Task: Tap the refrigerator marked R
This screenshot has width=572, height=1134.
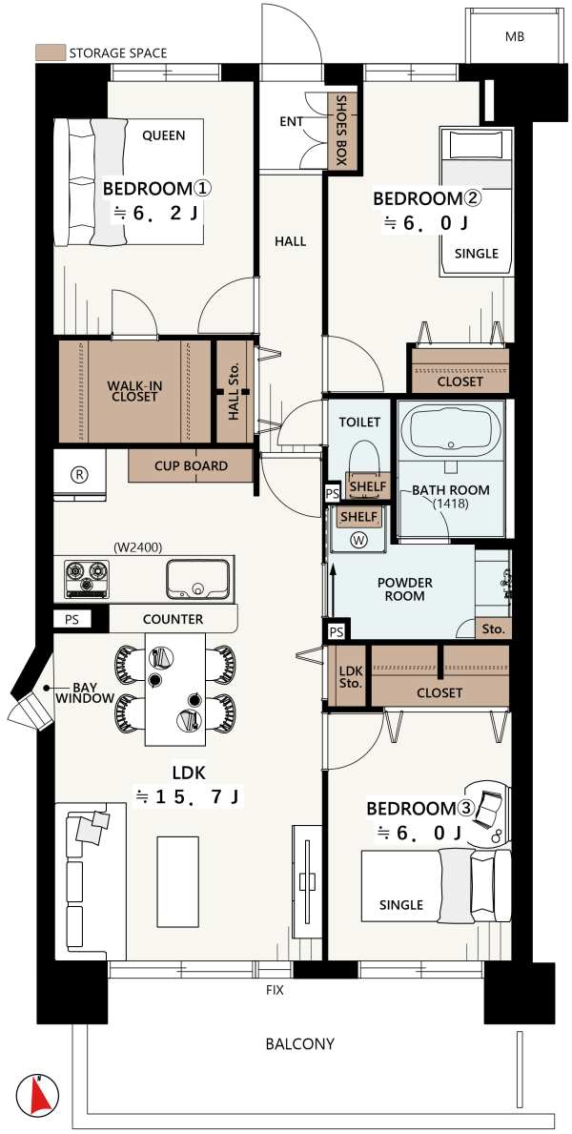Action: (79, 474)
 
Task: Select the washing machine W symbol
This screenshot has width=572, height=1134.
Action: (357, 539)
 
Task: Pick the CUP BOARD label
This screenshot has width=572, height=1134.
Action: (191, 466)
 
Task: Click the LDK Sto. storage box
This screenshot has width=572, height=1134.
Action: (351, 677)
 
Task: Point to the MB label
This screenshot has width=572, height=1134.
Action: (515, 36)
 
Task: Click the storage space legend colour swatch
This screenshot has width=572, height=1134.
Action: (50, 52)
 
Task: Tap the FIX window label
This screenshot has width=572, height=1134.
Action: (274, 990)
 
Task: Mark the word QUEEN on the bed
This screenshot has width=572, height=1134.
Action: (163, 135)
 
